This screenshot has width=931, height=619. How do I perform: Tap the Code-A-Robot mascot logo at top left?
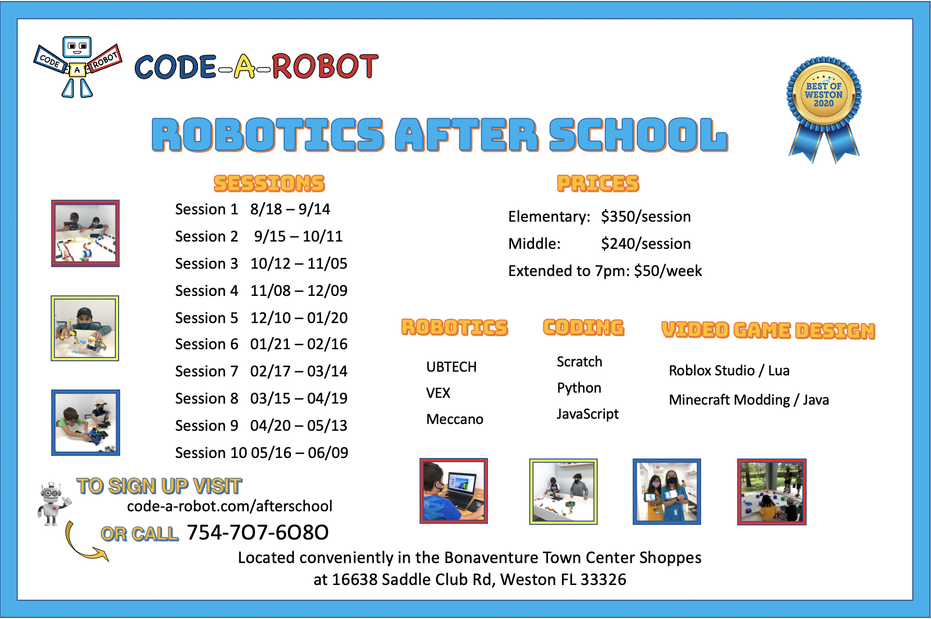tap(77, 66)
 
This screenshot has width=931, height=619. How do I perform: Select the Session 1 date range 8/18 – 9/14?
tap(290, 209)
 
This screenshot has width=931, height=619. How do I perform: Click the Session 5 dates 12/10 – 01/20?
tap(298, 318)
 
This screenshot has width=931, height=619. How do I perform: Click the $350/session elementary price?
tap(646, 216)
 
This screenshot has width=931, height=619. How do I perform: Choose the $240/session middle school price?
tap(646, 244)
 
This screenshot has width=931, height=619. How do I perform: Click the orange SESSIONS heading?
tap(269, 184)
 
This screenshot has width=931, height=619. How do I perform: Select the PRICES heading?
tap(598, 184)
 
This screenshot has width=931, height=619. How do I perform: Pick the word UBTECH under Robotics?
tap(451, 367)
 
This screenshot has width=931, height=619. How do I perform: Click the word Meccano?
tap(455, 419)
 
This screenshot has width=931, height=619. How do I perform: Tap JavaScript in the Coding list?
tap(587, 414)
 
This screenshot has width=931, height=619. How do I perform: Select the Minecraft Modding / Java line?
tap(749, 400)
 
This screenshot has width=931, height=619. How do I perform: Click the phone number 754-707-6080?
tap(258, 533)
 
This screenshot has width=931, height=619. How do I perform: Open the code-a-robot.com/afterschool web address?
tap(229, 506)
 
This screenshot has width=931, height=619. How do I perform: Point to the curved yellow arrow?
tap(84, 544)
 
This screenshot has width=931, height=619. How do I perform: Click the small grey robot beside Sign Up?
tap(52, 503)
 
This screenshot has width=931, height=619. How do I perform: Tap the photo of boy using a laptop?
tap(453, 491)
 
